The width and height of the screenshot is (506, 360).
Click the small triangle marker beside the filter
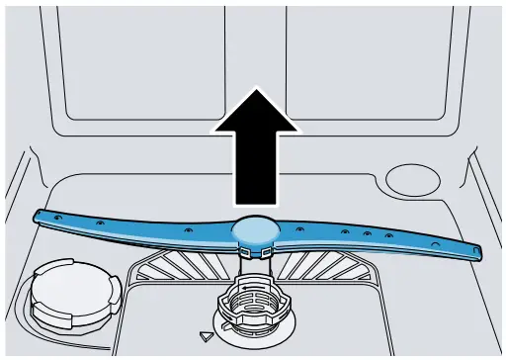(206, 336)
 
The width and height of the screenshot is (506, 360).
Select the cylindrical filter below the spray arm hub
(255, 302)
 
